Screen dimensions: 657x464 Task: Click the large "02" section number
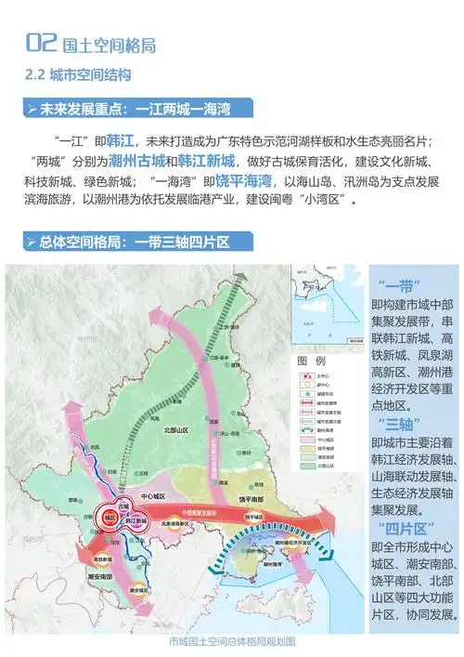click(44, 42)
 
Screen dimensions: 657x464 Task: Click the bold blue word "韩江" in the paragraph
click(122, 140)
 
